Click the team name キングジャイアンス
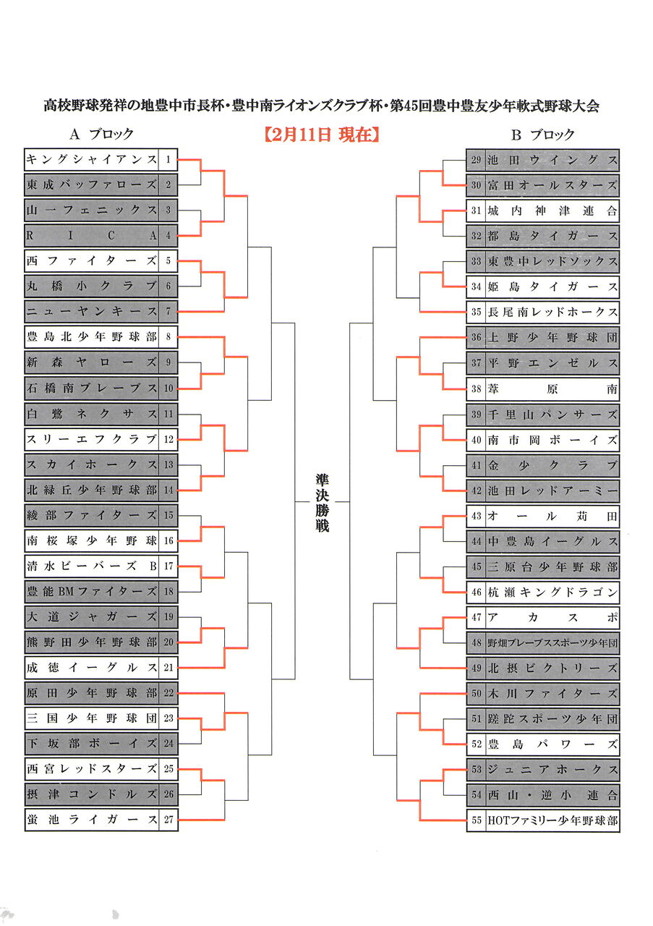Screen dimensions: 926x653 point(92,159)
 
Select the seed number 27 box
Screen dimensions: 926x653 point(168,820)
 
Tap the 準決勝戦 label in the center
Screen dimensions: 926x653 point(322,503)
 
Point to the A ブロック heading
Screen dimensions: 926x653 point(101,135)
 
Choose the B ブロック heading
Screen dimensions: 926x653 point(542,135)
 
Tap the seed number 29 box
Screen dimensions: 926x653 point(476,159)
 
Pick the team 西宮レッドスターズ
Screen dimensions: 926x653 point(92,768)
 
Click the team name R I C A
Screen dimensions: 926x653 point(92,235)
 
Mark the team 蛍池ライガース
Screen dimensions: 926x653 point(92,820)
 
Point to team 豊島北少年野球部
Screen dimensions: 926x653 point(92,337)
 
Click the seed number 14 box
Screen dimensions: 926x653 point(168,490)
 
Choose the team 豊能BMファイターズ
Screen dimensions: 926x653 point(92,591)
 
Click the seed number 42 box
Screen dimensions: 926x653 point(476,490)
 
